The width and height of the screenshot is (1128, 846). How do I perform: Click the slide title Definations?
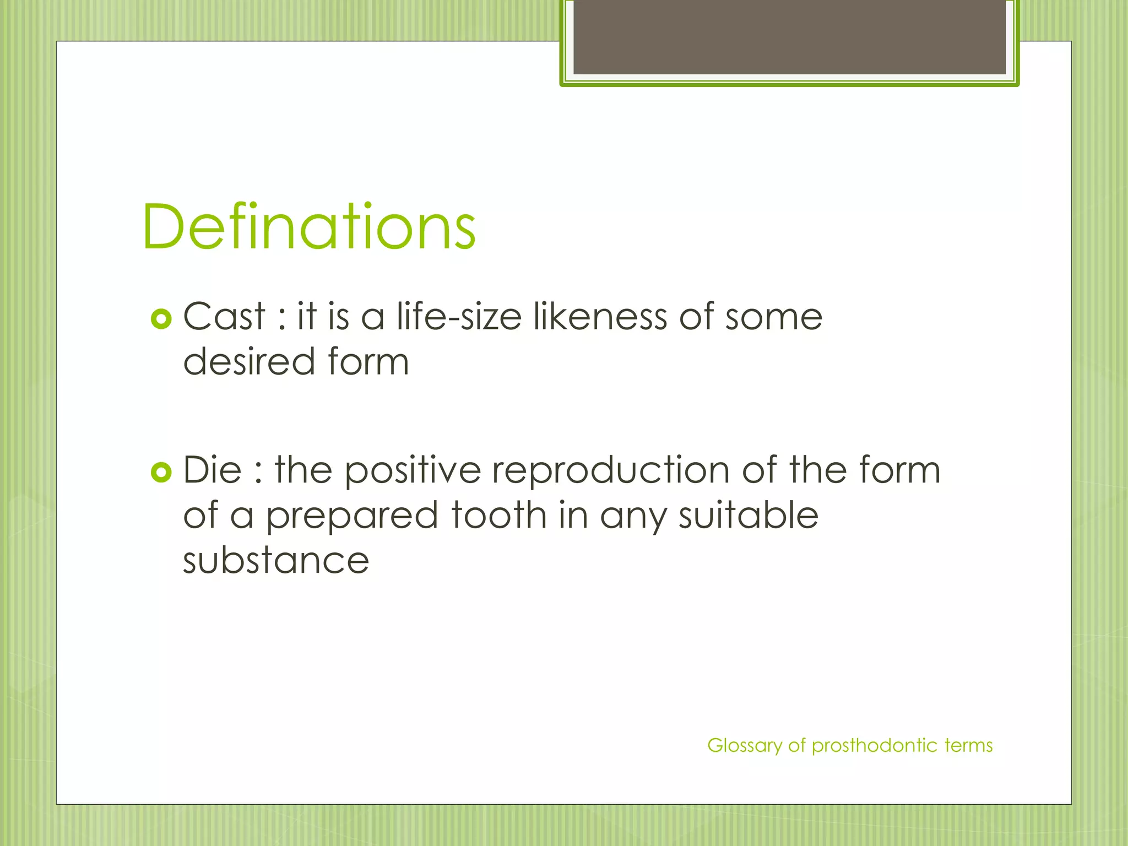pos(308,227)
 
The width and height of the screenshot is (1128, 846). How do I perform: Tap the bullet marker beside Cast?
pos(161,319)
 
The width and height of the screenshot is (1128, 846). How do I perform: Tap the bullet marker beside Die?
pos(161,472)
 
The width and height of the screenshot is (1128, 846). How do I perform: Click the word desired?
pos(249,362)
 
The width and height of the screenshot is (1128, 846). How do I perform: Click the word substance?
pos(275,561)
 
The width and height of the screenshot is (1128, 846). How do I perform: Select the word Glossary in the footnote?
pos(744,746)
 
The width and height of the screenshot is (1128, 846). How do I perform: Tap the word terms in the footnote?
pos(968,746)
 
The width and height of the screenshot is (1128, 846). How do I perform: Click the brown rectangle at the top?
pos(789,37)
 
